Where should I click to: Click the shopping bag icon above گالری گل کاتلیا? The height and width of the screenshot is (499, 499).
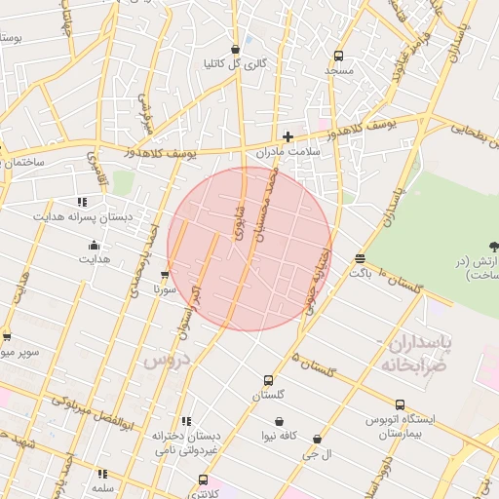click(x=235, y=49)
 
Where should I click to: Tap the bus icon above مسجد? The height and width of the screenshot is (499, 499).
click(x=338, y=56)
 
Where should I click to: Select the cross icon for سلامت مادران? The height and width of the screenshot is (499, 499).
click(x=288, y=136)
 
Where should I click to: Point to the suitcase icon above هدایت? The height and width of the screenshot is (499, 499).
click(x=94, y=245)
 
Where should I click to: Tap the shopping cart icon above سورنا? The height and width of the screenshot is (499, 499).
click(x=164, y=275)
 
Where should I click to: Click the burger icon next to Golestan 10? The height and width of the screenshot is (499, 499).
click(x=360, y=258)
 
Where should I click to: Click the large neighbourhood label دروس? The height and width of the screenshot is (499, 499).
click(x=165, y=360)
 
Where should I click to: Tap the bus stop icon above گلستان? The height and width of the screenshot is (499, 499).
click(x=268, y=380)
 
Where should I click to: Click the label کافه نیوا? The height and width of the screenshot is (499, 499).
click(x=279, y=437)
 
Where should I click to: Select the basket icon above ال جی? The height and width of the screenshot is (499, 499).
click(x=317, y=440)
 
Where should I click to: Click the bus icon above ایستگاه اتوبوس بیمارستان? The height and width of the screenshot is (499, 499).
click(x=400, y=404)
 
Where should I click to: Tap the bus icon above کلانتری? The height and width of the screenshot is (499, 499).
click(x=203, y=480)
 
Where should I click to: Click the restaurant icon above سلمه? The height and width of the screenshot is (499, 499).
click(x=101, y=474)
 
